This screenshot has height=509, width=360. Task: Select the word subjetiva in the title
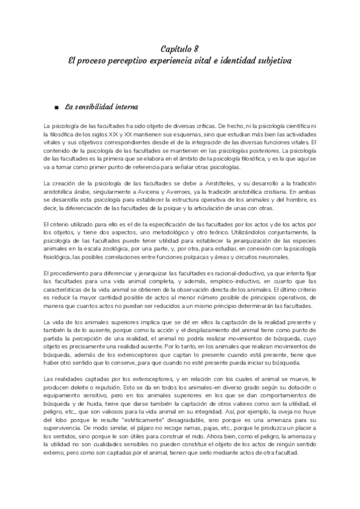click(x=269, y=61)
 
